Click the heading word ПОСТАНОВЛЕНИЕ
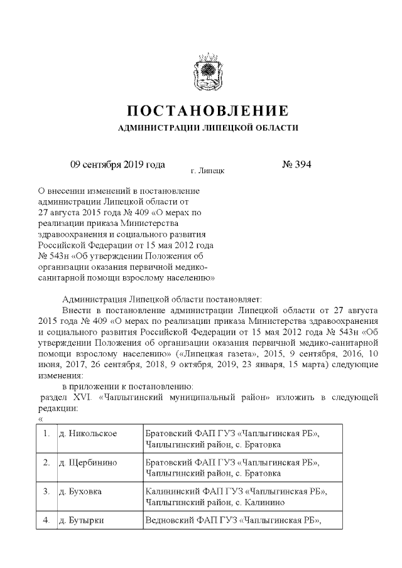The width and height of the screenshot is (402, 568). (208, 112)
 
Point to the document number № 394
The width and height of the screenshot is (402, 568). (297, 165)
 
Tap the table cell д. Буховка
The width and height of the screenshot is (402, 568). (84, 491)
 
